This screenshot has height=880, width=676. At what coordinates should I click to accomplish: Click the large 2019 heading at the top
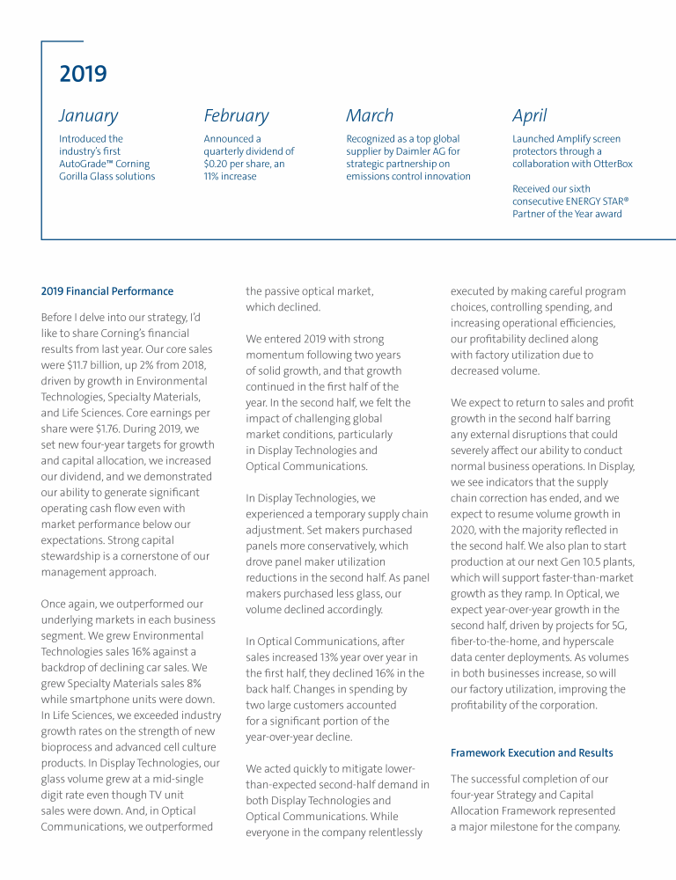[83, 74]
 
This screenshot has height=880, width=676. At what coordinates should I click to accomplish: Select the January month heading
[88, 115]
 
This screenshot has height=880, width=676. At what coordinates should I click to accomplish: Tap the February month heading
[236, 115]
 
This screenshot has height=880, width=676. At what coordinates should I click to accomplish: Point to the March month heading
[370, 115]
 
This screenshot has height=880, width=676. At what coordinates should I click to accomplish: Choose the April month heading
[529, 115]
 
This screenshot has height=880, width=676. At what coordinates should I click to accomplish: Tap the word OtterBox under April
[612, 164]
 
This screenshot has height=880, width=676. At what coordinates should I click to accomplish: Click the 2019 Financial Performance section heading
[107, 291]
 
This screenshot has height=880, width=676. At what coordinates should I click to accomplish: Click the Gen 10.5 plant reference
[582, 561]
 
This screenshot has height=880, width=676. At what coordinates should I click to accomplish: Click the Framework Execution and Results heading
[532, 753]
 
